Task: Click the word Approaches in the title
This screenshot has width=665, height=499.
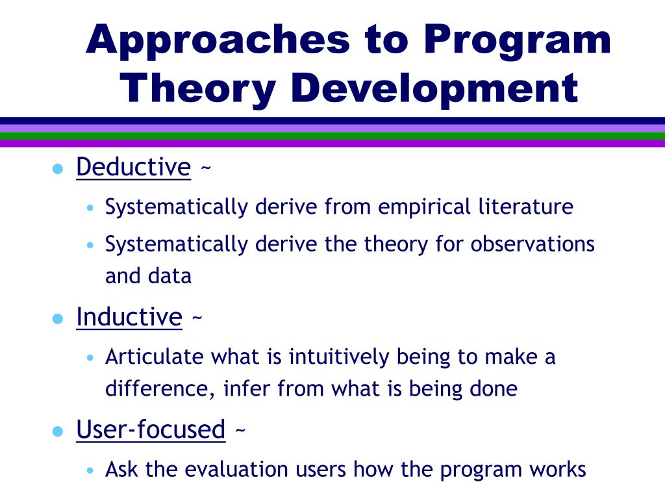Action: tap(218, 41)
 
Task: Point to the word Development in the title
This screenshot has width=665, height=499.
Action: tap(434, 90)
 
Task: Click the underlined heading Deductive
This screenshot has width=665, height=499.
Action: tap(134, 167)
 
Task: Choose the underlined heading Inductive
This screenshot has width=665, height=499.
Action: tap(129, 317)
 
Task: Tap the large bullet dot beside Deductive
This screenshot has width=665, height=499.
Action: tap(58, 169)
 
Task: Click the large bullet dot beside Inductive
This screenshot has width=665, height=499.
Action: tap(58, 318)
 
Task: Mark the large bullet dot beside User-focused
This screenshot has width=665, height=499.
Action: tap(58, 431)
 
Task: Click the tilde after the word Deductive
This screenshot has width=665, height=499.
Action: tap(206, 168)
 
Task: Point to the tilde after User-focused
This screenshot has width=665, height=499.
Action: tap(240, 431)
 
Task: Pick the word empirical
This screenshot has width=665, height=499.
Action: tap(424, 207)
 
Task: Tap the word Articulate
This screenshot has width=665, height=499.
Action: tap(155, 357)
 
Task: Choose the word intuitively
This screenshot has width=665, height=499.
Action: tap(339, 357)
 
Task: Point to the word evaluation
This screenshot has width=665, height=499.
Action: tap(236, 469)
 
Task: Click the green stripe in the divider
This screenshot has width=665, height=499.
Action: tap(332, 136)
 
